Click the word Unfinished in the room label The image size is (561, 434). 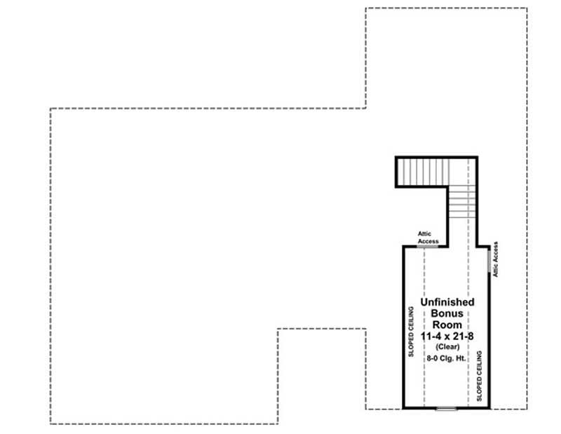click(x=447, y=302)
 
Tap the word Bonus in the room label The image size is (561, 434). click(x=447, y=313)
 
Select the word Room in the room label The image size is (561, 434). click(x=447, y=325)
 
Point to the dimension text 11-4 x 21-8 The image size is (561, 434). click(x=447, y=337)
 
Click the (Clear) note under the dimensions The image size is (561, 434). click(x=447, y=347)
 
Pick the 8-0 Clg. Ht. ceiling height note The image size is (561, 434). click(x=447, y=358)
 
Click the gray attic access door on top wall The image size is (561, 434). click(x=428, y=246)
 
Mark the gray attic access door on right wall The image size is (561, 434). click(x=489, y=259)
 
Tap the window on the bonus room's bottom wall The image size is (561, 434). click(x=445, y=407)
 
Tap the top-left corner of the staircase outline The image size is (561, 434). click(x=397, y=158)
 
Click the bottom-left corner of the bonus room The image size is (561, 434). click(x=403, y=407)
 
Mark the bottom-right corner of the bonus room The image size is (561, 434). click(x=489, y=407)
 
